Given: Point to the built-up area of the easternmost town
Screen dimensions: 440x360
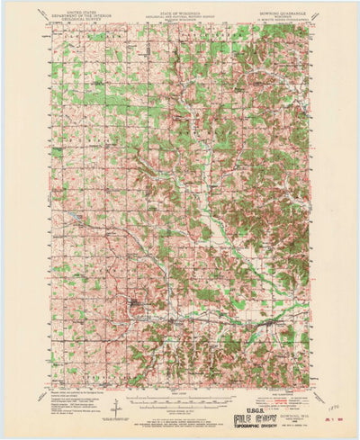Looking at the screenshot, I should point(267,320).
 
